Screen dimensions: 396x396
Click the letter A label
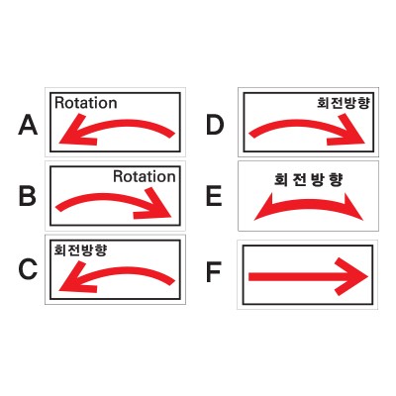[28, 125]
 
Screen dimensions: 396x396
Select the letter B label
[28, 196]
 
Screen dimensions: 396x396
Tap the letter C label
[28, 269]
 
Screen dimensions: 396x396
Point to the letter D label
[215, 125]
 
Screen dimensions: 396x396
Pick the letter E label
[214, 196]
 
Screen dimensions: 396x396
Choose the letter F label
[214, 272]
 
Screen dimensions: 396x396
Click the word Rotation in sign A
[86, 103]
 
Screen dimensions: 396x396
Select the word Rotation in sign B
[145, 176]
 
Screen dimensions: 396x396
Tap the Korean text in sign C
[80, 249]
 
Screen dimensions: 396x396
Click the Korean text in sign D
[344, 103]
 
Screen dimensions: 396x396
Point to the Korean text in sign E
[309, 180]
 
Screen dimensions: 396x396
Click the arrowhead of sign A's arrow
[76, 132]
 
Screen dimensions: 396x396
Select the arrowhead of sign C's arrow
[76, 279]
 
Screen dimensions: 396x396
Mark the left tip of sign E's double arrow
[254, 220]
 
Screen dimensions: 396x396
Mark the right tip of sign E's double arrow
[362, 220]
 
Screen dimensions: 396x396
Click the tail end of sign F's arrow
[249, 277]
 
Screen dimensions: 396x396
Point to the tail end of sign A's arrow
[173, 135]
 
